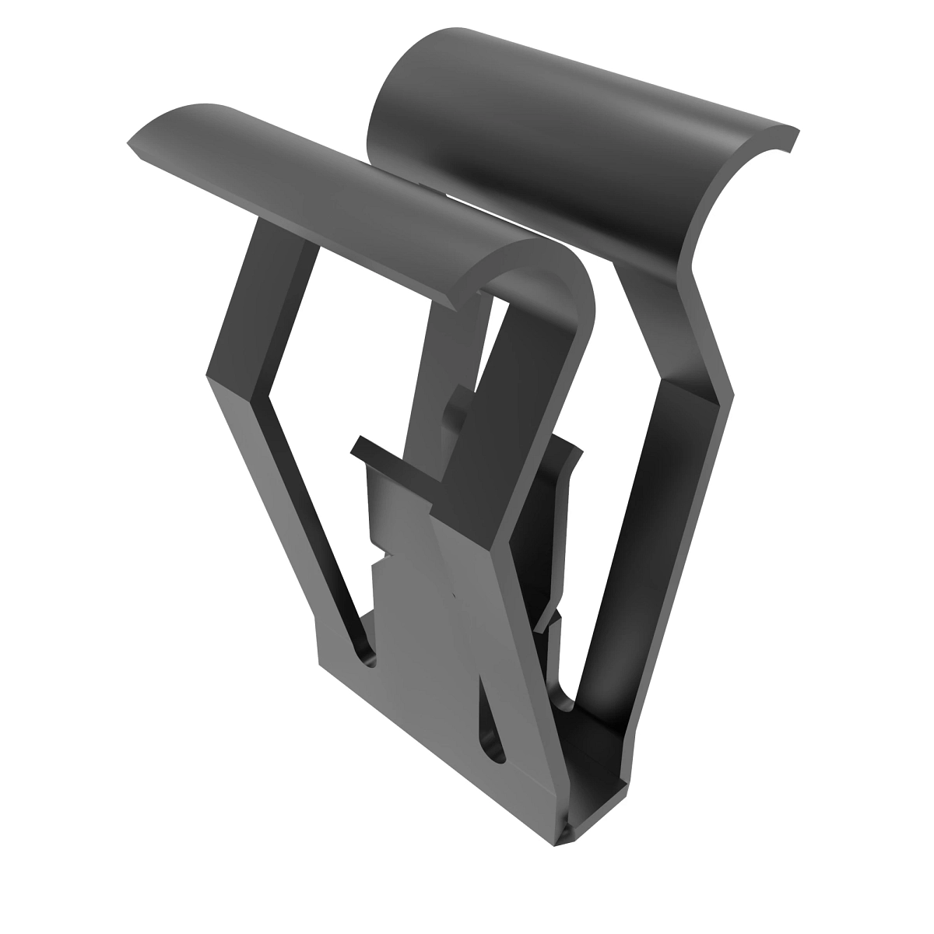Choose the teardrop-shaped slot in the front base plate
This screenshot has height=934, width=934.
pyautogui.click(x=492, y=724)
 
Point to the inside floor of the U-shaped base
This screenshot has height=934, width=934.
pyautogui.click(x=599, y=747)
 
